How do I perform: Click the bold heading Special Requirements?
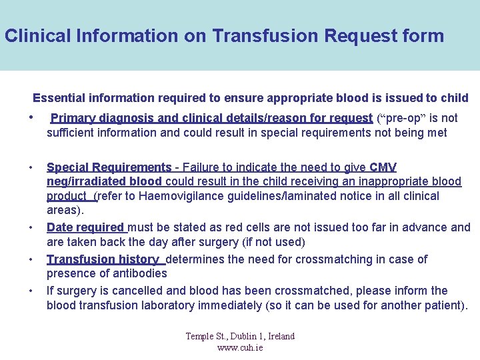pos(109,167)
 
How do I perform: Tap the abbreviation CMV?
pos(383,167)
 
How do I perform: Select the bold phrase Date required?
pos(85,227)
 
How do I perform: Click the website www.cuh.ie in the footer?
pos(240,347)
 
